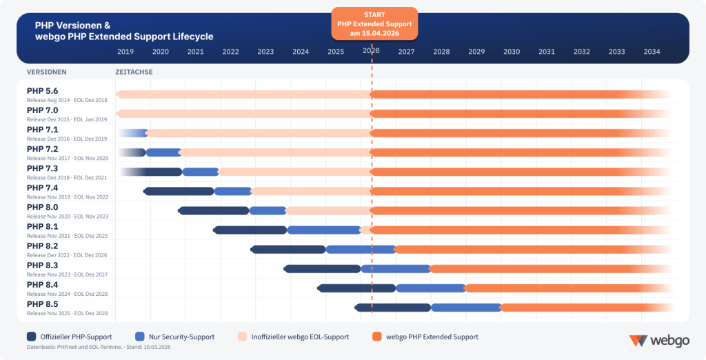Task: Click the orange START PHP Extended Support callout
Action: [x=374, y=23]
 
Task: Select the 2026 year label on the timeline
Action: [x=371, y=51]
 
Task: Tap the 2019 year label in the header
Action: [x=125, y=51]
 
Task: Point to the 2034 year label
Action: [x=652, y=51]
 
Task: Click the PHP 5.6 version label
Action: [x=43, y=91]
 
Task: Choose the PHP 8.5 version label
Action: [x=43, y=304]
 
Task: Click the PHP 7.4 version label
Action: [x=43, y=188]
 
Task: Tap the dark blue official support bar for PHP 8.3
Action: [x=323, y=269]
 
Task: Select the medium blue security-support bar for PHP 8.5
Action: [x=466, y=308]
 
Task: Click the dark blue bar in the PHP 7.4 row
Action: [x=179, y=191]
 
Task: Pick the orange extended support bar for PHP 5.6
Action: [x=517, y=94]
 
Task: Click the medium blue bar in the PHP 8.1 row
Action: [x=324, y=230]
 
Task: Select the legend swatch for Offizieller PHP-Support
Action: [x=32, y=337]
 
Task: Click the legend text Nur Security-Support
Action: [x=181, y=337]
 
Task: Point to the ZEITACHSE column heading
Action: [x=134, y=72]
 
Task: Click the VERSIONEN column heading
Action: [x=47, y=72]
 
